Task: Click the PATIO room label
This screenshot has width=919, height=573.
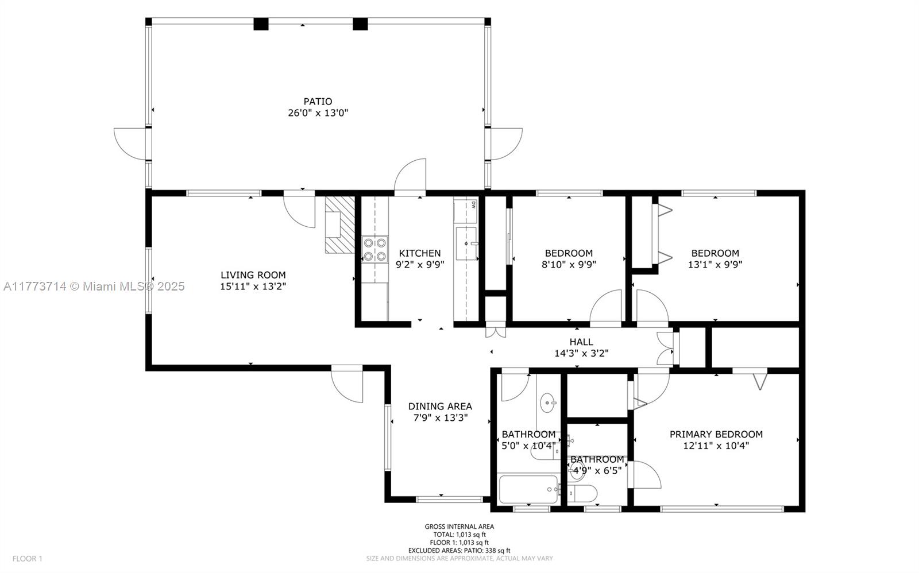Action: [x=318, y=101]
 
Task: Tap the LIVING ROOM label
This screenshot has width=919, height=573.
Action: [x=253, y=275]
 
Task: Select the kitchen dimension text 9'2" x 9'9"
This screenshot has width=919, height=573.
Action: [x=420, y=265]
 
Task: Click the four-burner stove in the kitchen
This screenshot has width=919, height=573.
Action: [x=375, y=249]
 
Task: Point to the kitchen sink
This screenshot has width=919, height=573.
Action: [x=466, y=243]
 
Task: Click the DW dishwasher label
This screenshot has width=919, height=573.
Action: [x=473, y=205]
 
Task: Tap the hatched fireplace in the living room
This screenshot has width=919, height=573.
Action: [x=339, y=224]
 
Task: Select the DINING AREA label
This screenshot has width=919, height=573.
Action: [x=440, y=406]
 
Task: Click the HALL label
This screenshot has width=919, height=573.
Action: [x=581, y=342]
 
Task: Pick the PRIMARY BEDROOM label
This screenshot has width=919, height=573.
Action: [x=716, y=435]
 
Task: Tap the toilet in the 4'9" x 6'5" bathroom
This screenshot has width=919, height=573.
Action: [x=582, y=494]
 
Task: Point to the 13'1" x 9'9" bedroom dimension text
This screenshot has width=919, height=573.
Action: [x=715, y=265]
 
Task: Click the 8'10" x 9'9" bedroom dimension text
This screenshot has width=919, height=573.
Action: [x=569, y=265]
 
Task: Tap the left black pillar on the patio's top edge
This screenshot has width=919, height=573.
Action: [x=261, y=24]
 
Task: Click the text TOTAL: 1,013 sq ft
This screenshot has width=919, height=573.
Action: [x=459, y=535]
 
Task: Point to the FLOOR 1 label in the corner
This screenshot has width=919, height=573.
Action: [x=27, y=559]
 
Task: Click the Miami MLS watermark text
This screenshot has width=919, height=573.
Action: [x=94, y=286]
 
